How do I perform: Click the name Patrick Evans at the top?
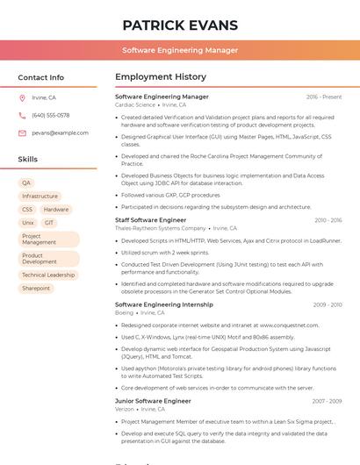180,25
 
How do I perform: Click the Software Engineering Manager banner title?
180,50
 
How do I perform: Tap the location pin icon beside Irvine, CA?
22,97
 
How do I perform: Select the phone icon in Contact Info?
22,115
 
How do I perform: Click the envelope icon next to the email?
22,132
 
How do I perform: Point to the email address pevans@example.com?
60,132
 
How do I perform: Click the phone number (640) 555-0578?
50,115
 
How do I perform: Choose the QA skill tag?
26,182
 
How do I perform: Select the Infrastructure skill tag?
40,196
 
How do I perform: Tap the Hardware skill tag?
56,210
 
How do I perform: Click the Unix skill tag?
28,223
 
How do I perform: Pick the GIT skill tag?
49,223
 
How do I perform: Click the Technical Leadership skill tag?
48,275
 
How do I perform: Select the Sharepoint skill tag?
36,288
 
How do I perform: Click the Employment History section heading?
161,77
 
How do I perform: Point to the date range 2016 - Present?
324,97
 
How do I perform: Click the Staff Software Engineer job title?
150,220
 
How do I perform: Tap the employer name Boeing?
124,312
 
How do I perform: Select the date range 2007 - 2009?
327,401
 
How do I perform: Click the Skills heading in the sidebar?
28,160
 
